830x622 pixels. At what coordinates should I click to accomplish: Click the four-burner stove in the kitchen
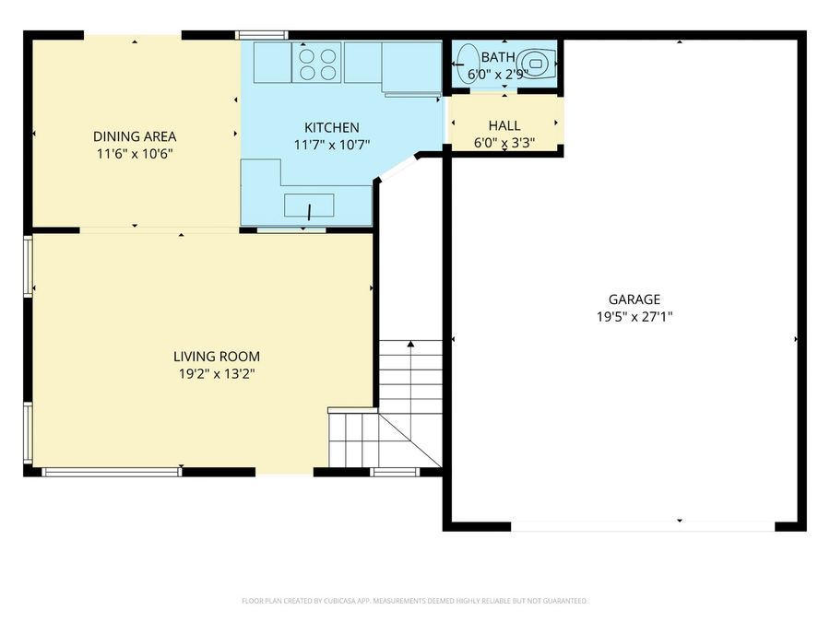(x=316, y=62)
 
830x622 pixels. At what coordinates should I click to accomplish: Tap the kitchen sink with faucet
(x=309, y=205)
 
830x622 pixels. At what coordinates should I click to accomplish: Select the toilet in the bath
(x=537, y=62)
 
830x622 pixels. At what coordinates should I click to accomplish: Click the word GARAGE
(x=634, y=299)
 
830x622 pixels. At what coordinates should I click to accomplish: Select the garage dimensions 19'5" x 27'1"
(x=634, y=316)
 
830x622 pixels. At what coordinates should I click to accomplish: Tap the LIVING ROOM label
(x=217, y=357)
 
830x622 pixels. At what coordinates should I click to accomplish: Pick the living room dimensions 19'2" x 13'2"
(x=217, y=373)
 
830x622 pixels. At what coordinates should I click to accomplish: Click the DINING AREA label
(x=135, y=137)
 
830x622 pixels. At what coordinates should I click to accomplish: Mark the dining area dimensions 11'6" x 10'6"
(x=135, y=154)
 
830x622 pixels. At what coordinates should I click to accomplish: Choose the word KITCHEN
(x=332, y=127)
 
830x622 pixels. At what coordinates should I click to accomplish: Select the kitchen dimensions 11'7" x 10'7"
(x=332, y=144)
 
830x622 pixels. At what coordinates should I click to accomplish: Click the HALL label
(x=504, y=125)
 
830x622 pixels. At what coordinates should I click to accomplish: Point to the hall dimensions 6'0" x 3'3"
(x=504, y=142)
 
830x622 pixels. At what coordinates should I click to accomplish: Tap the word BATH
(x=498, y=57)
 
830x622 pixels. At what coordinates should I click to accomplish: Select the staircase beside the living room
(x=397, y=405)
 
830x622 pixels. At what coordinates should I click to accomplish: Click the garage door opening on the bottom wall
(x=643, y=526)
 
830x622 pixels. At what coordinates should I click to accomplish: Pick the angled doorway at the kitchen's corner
(x=397, y=168)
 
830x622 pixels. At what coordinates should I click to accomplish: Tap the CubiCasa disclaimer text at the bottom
(x=414, y=601)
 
